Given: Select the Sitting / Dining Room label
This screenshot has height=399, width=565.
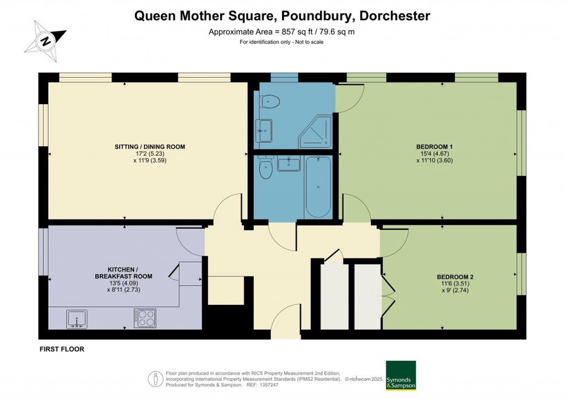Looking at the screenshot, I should coord(150,147).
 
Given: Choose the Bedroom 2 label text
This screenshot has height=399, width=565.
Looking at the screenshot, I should coord(455,277).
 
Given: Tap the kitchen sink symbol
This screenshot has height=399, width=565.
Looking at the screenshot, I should coord(77,319).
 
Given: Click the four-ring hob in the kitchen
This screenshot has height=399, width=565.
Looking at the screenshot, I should coord(145,318).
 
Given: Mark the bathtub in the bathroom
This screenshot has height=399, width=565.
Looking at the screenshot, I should coord(319,187).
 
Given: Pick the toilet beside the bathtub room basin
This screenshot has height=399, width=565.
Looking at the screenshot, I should coord(266,168).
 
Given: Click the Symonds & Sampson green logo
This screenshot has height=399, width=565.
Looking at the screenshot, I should coord(401,375).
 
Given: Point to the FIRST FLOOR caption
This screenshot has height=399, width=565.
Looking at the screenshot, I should coord(61,349).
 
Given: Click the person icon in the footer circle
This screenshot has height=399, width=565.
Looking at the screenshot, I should coord(156,379).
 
